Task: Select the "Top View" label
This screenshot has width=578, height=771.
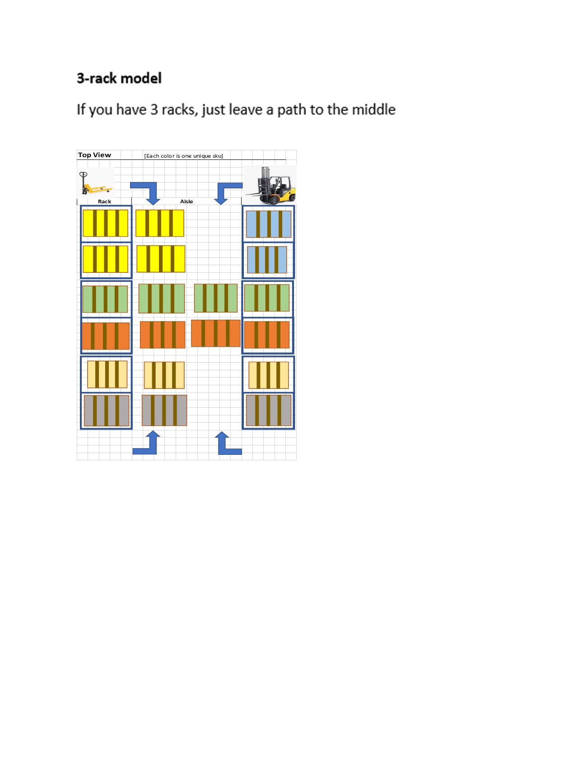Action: pyautogui.click(x=94, y=155)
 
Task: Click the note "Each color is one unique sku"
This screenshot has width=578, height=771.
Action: pyautogui.click(x=183, y=156)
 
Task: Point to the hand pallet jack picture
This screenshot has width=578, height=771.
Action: pyautogui.click(x=95, y=182)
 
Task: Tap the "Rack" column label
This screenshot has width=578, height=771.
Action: pyautogui.click(x=104, y=201)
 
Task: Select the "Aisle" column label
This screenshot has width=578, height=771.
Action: pyautogui.click(x=186, y=201)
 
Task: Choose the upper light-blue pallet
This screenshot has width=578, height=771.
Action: pyautogui.click(x=269, y=224)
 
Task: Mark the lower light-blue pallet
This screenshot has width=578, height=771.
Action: pyautogui.click(x=267, y=260)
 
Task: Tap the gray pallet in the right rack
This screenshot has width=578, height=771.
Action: pyautogui.click(x=269, y=411)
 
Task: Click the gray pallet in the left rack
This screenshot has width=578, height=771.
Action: pyautogui.click(x=107, y=411)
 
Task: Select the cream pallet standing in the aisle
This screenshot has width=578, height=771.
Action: pyautogui.click(x=164, y=375)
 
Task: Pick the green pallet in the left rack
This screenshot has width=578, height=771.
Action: pyautogui.click(x=105, y=299)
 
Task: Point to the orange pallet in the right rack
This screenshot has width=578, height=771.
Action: pyautogui.click(x=267, y=335)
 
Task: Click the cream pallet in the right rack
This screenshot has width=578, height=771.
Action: pyautogui.click(x=269, y=375)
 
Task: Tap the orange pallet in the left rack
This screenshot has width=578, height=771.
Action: pyautogui.click(x=106, y=336)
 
